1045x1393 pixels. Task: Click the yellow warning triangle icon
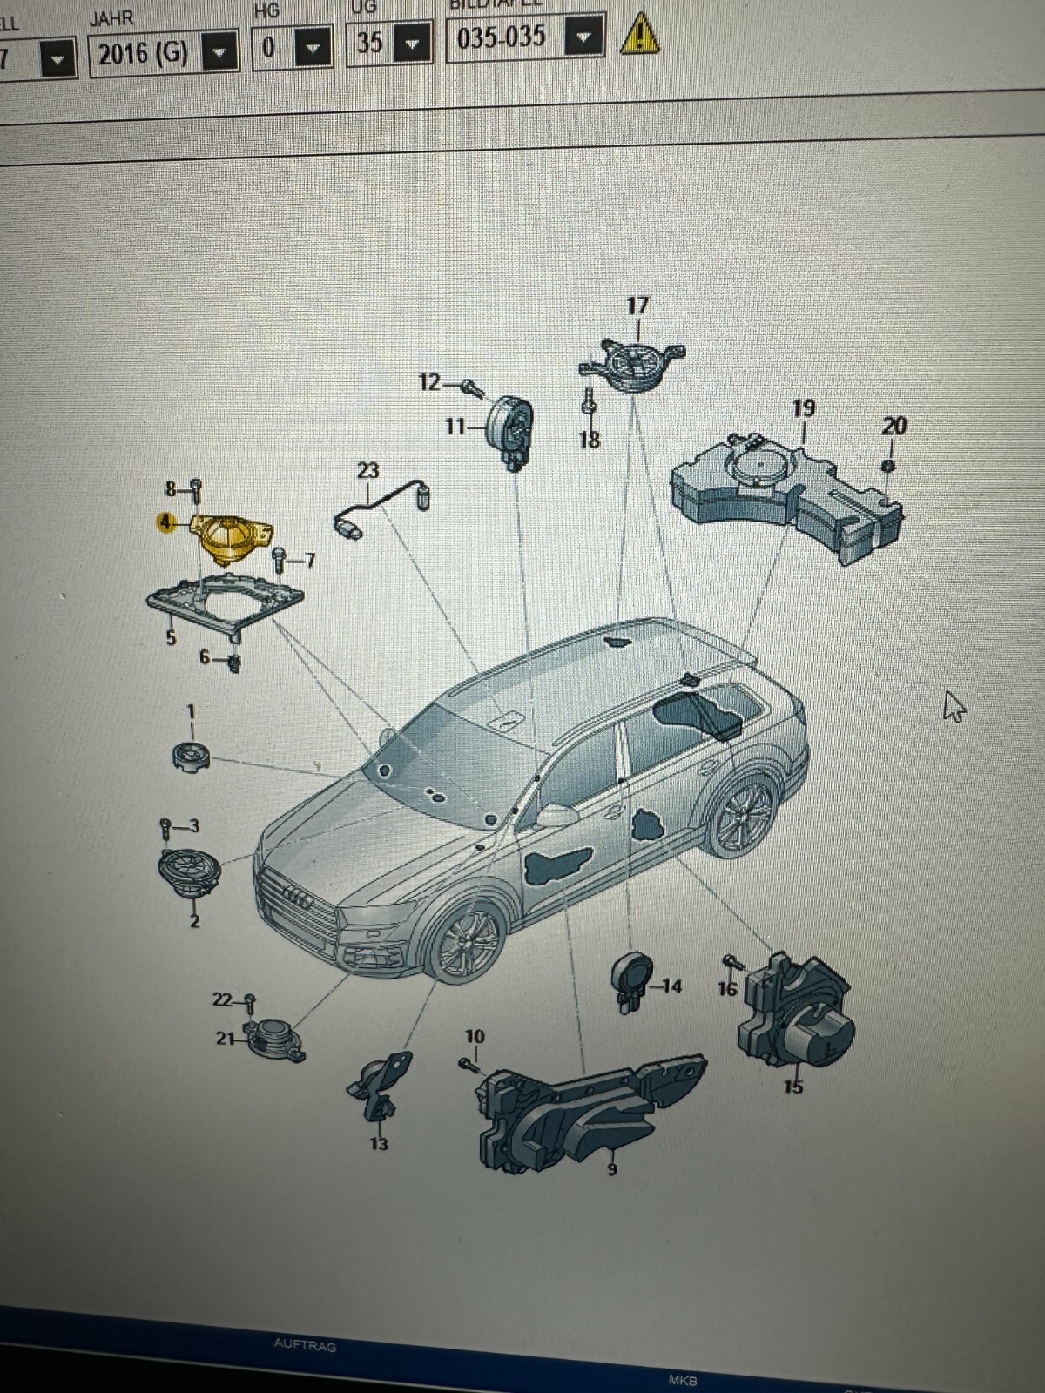click(639, 35)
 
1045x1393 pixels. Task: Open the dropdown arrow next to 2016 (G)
click(220, 54)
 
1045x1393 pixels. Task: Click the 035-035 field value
click(501, 37)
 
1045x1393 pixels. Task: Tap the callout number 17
click(637, 306)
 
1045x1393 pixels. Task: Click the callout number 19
click(803, 407)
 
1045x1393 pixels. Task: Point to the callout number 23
click(367, 471)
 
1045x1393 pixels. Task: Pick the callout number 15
click(792, 1087)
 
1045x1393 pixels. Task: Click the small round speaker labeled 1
click(191, 755)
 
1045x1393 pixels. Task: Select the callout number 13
click(378, 1143)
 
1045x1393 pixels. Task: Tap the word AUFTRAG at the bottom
click(305, 1345)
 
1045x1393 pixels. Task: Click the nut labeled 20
click(887, 466)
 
